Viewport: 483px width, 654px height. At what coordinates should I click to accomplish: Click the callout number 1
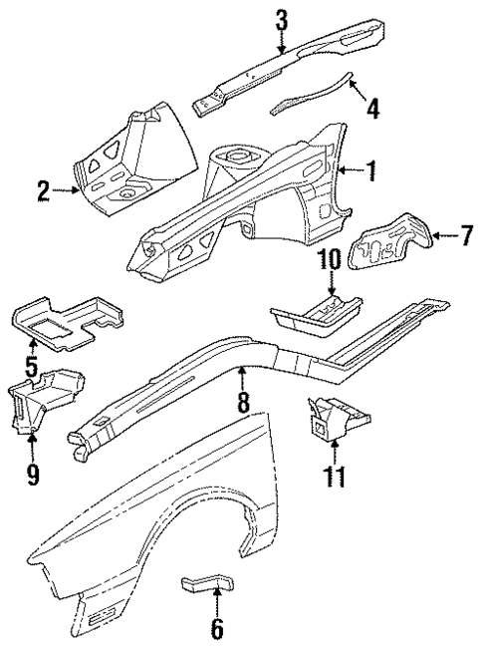point(371,172)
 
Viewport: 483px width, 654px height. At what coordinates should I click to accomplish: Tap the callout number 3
point(282,18)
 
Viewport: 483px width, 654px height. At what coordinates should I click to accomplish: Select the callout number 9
point(33,476)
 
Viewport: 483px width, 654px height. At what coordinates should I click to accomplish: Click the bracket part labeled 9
point(45,399)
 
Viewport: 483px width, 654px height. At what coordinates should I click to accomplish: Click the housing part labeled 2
point(129,164)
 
